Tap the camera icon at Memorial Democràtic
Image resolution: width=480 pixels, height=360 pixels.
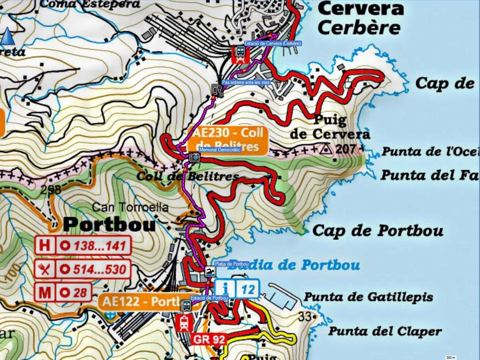pyautogui.click(x=194, y=157)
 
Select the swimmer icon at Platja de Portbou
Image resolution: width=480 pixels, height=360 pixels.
pyautogui.click(x=210, y=272)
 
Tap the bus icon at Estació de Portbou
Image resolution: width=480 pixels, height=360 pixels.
pyautogui.click(x=186, y=305)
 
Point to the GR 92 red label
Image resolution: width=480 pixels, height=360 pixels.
pyautogui.click(x=209, y=340)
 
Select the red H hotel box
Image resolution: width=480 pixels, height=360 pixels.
pyautogui.click(x=45, y=245)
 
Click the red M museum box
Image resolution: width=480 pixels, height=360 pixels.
pyautogui.click(x=45, y=293)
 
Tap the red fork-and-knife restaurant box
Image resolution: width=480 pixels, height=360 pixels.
pyautogui.click(x=45, y=269)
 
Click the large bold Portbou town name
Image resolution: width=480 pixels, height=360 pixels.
pyautogui.click(x=110, y=225)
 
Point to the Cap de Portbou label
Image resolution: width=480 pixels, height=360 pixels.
pyautogui.click(x=377, y=230)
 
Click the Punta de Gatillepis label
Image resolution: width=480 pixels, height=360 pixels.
pyautogui.click(x=368, y=297)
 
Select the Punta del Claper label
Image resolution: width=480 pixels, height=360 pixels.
pyautogui.click(x=385, y=331)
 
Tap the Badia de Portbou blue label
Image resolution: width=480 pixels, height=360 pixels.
pyautogui.click(x=294, y=265)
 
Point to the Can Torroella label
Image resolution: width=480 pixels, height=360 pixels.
pyautogui.click(x=130, y=207)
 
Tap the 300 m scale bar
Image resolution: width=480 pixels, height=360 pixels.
pyautogui.click(x=451, y=357)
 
